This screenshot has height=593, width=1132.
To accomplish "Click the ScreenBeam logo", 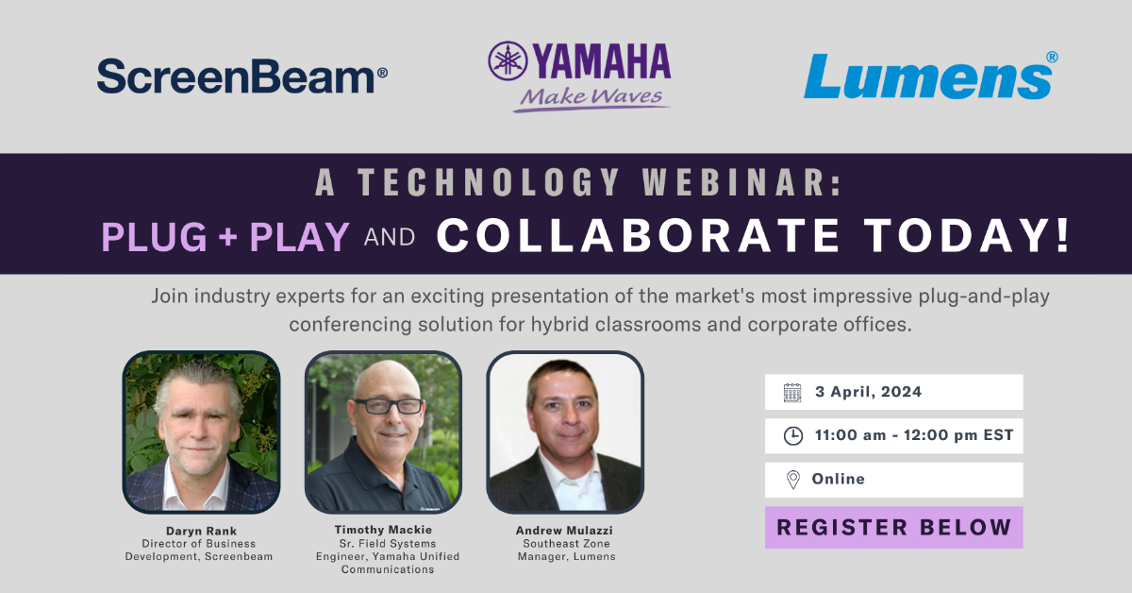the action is [x=242, y=76].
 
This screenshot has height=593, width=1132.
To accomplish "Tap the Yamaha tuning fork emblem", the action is [x=508, y=60].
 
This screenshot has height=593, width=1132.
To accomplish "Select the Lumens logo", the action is [x=930, y=76].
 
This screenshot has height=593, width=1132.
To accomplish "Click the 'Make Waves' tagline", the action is [x=591, y=96].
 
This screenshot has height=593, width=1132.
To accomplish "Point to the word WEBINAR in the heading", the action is [x=741, y=182].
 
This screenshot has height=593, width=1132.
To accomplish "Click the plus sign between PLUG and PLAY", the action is [x=228, y=236].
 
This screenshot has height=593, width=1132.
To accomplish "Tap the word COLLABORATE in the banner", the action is [x=639, y=235].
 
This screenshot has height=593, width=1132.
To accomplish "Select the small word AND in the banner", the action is [x=390, y=237].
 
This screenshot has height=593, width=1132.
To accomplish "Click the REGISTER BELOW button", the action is [x=894, y=527].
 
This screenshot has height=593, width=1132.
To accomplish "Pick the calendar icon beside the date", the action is [x=792, y=393].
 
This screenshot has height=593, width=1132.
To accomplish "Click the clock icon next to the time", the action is [x=793, y=435].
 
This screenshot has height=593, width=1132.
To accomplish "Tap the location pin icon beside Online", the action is [x=793, y=479].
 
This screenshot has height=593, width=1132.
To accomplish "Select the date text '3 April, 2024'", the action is [x=868, y=392].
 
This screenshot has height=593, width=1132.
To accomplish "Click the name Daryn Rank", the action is [x=201, y=531].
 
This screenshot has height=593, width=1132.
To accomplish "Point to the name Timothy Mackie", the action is [x=383, y=530].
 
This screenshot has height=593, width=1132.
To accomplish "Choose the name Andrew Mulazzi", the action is [x=564, y=531].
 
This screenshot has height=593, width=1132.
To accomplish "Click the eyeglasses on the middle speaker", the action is [x=389, y=406].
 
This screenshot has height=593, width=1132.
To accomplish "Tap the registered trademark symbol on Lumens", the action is [x=1052, y=58].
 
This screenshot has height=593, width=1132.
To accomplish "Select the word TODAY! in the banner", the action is [x=966, y=235].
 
